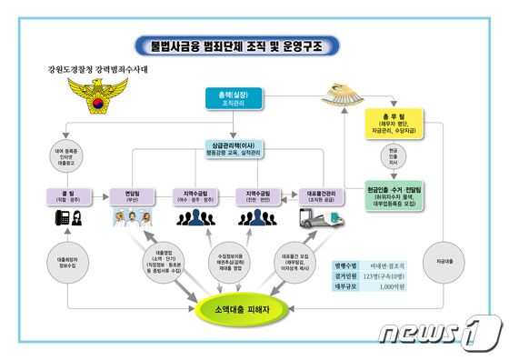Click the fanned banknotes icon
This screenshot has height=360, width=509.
pyautogui.click(x=352, y=89)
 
